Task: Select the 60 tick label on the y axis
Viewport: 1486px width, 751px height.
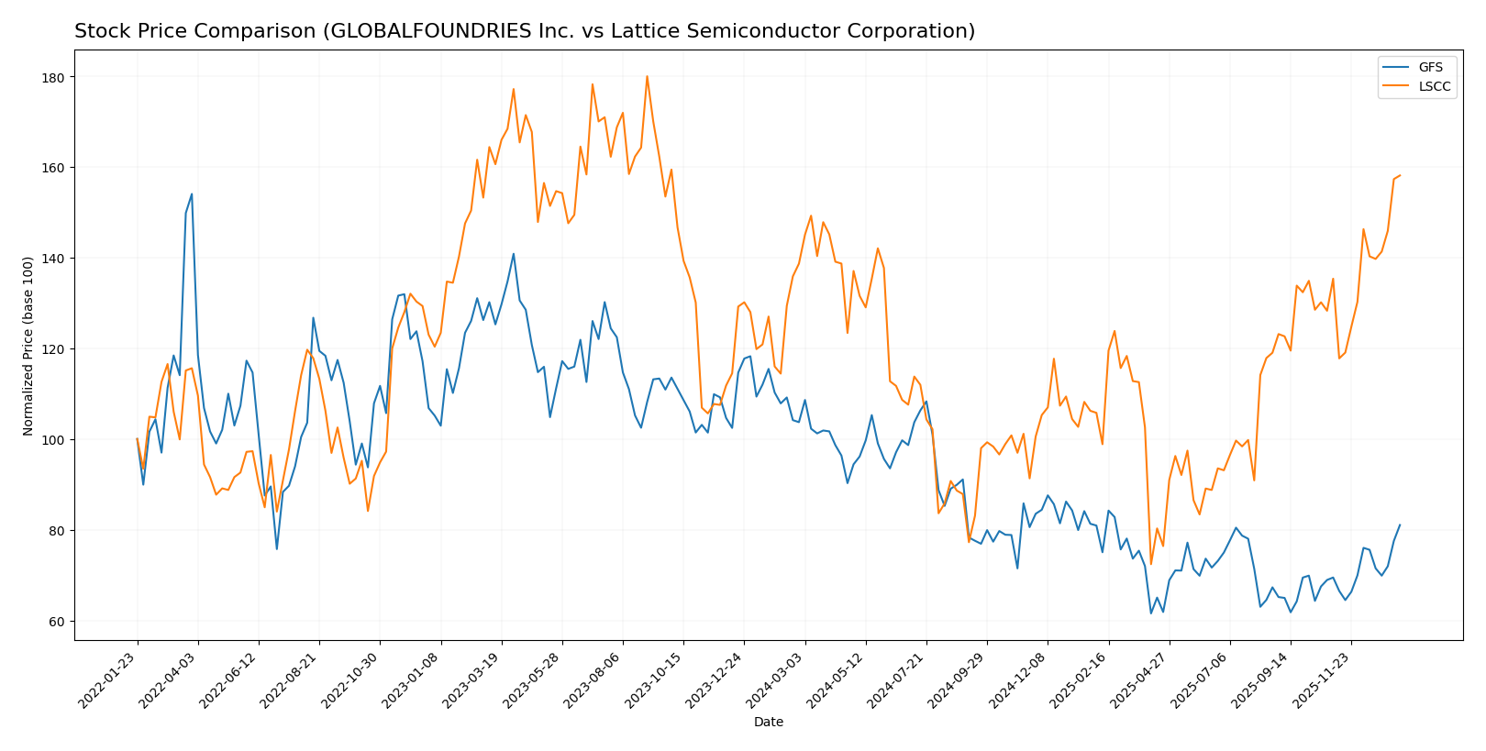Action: (56, 622)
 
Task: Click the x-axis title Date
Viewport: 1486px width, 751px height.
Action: (768, 723)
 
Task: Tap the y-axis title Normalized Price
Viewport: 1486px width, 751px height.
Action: (28, 346)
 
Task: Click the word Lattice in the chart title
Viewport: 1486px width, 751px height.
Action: (621, 32)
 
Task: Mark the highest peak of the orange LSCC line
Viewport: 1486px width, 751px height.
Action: (647, 76)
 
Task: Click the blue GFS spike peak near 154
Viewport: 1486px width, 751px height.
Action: (192, 193)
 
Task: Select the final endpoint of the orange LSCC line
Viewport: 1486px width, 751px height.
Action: (1400, 175)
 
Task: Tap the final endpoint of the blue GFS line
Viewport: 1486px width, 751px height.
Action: (1400, 525)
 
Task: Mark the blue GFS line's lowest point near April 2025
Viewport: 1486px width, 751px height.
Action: (1151, 613)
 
